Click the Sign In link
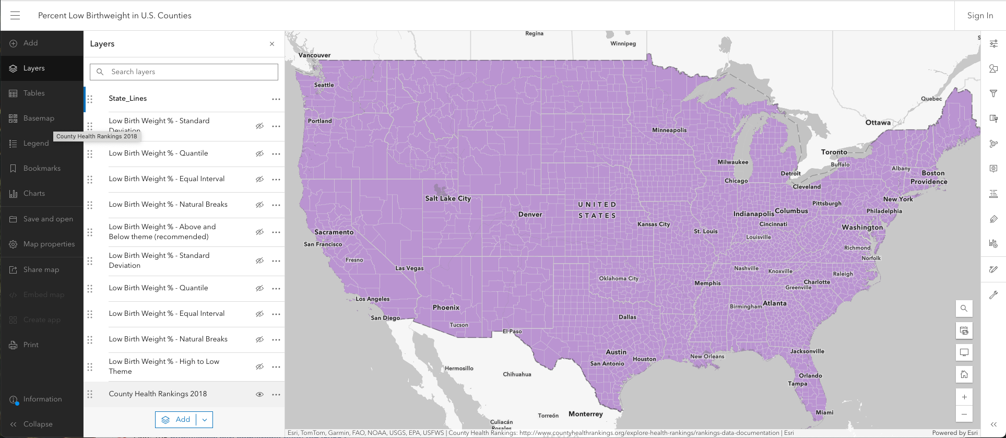[980, 16]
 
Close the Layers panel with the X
[272, 44]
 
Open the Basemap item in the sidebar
[39, 119]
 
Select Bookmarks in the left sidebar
[42, 169]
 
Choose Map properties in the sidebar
[49, 244]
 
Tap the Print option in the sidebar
[31, 345]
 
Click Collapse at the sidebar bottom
[38, 424]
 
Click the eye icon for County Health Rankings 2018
[259, 395]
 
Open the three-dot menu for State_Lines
[276, 99]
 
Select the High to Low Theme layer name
[164, 366]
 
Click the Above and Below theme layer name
[162, 232]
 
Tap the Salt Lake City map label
[448, 198]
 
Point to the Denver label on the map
[530, 215]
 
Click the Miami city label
[824, 412]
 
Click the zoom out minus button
[964, 415]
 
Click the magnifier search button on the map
[964, 309]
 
